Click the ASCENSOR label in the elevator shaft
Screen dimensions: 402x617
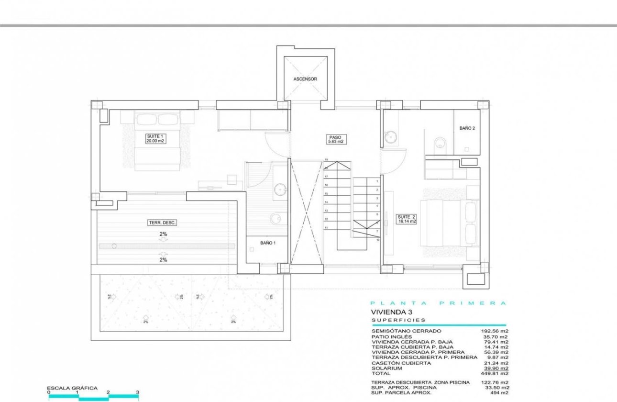pyautogui.click(x=305, y=79)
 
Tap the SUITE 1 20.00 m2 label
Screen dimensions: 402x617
pyautogui.click(x=156, y=138)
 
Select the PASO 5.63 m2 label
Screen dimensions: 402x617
pyautogui.click(x=335, y=139)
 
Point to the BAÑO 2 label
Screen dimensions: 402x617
pyautogui.click(x=467, y=128)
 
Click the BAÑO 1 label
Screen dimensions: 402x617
pyautogui.click(x=268, y=243)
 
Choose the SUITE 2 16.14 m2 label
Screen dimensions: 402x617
pyautogui.click(x=407, y=219)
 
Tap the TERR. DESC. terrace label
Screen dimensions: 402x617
pyautogui.click(x=163, y=223)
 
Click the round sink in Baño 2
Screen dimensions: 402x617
pyautogui.click(x=390, y=138)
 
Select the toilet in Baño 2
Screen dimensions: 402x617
pyautogui.click(x=440, y=143)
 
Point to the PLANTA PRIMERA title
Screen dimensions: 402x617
pyautogui.click(x=438, y=303)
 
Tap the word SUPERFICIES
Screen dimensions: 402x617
pyautogui.click(x=398, y=320)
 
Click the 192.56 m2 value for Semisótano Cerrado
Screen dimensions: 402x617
pyautogui.click(x=494, y=331)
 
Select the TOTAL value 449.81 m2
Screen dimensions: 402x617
pyautogui.click(x=494, y=373)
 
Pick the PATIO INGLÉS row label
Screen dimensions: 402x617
pyautogui.click(x=392, y=336)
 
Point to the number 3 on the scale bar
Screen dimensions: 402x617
pyautogui.click(x=137, y=392)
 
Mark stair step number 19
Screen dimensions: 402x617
pyautogui.click(x=326, y=159)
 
